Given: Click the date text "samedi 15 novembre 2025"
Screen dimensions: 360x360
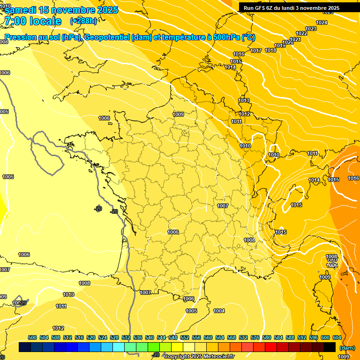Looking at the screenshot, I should [x=61, y=10].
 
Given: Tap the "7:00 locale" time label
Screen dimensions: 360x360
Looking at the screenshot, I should [x=32, y=21].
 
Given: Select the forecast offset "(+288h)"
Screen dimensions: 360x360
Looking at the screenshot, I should [x=83, y=21].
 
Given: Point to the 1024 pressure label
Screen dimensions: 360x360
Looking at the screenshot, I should [x=322, y=22].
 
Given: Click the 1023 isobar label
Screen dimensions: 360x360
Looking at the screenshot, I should [x=311, y=29].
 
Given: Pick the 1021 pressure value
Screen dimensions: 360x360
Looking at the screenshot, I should [x=295, y=39].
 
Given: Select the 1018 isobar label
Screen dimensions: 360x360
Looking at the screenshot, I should [x=270, y=50].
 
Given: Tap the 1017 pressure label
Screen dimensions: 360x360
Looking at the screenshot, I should [x=256, y=51].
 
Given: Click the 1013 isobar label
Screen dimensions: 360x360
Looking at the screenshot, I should [x=244, y=100].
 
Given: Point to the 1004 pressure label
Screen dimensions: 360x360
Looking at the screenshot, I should [x=219, y=311].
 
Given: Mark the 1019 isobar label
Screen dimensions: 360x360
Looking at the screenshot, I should [x=280, y=45].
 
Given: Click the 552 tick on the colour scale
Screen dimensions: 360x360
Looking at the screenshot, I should [x=185, y=337].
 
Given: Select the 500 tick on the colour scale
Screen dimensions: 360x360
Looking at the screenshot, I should [x=32, y=337].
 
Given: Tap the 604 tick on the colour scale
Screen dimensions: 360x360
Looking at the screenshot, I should [x=337, y=337].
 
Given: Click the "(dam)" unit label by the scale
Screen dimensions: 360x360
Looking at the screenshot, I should [x=347, y=348].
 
